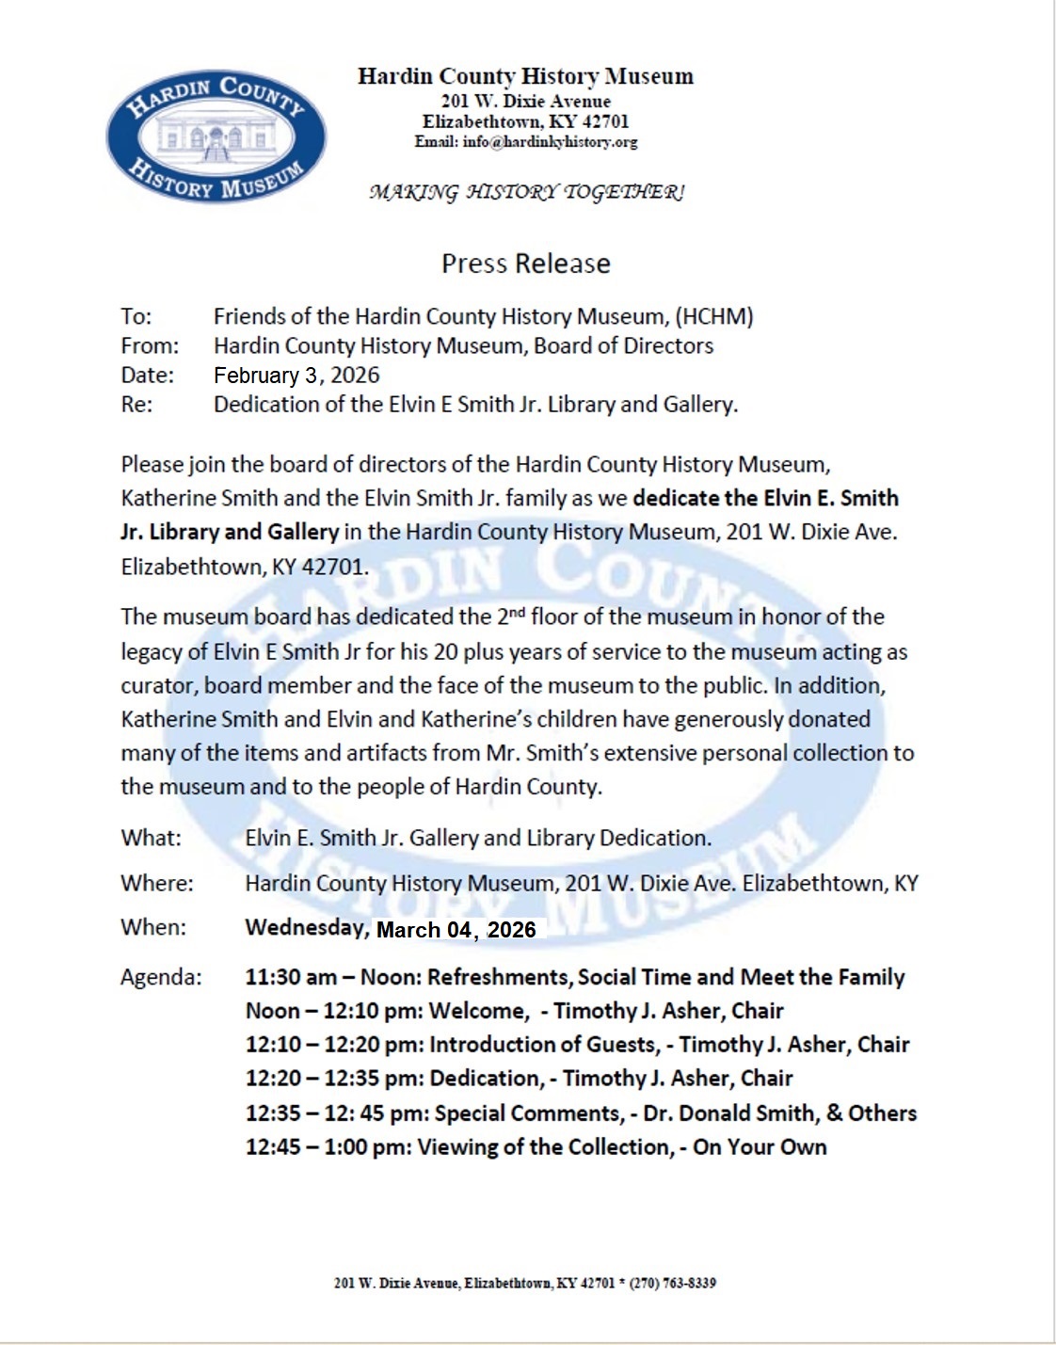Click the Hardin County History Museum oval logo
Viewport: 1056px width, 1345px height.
pyautogui.click(x=216, y=137)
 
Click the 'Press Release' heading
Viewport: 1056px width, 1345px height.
pyautogui.click(x=526, y=264)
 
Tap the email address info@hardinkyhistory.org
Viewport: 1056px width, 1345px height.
pyautogui.click(x=550, y=142)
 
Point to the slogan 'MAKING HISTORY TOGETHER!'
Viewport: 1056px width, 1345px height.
pyautogui.click(x=526, y=193)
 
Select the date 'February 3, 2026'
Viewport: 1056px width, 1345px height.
pyautogui.click(x=296, y=376)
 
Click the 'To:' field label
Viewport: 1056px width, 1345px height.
pyautogui.click(x=136, y=317)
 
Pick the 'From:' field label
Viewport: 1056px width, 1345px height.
pyautogui.click(x=149, y=346)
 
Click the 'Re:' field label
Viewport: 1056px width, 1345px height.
pyautogui.click(x=136, y=405)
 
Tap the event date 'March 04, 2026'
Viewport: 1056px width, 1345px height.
pyautogui.click(x=456, y=930)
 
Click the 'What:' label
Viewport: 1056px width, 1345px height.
pyautogui.click(x=151, y=838)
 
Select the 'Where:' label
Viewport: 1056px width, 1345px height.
pyautogui.click(x=156, y=883)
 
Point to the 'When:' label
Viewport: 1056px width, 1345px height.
pyautogui.click(x=153, y=927)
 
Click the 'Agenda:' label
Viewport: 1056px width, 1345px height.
pyautogui.click(x=161, y=977)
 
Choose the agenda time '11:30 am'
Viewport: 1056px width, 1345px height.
pyautogui.click(x=291, y=977)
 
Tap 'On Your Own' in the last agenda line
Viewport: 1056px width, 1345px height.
pyautogui.click(x=760, y=1147)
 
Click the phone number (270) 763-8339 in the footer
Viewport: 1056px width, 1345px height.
pyautogui.click(x=672, y=1283)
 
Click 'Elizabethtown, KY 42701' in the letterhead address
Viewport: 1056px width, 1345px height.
pyautogui.click(x=525, y=121)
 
